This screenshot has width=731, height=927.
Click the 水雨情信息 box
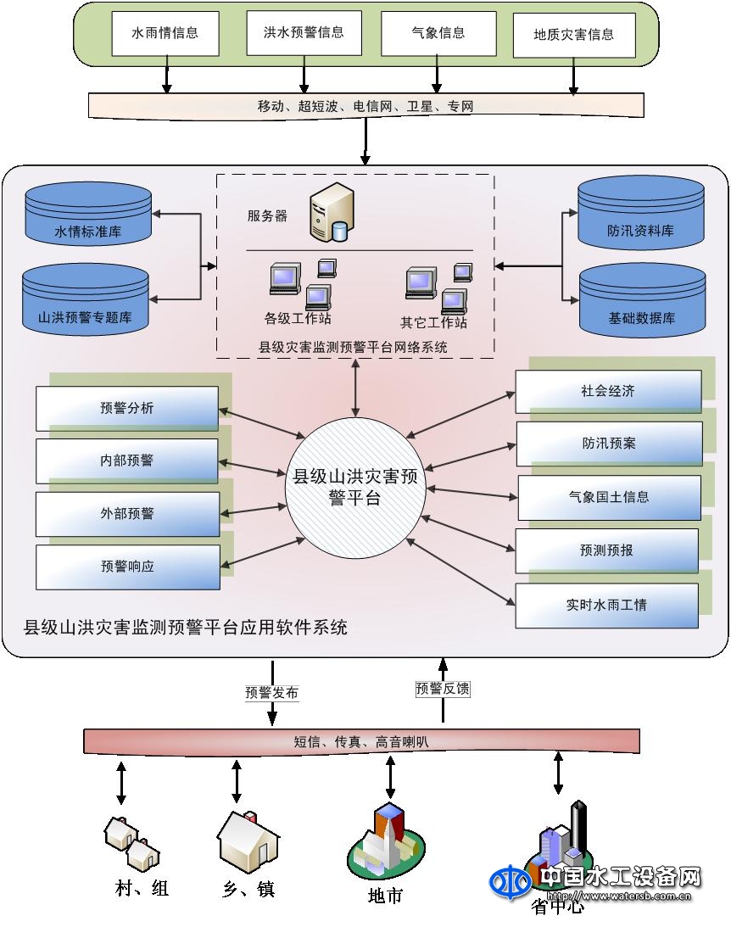click(165, 33)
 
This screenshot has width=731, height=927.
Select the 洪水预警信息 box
click(304, 32)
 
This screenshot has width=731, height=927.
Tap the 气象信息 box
click(438, 33)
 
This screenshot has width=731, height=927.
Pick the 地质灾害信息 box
click(573, 35)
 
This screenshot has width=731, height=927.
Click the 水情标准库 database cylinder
click(87, 215)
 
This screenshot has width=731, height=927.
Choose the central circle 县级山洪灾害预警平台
click(355, 487)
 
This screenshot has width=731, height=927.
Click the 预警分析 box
click(127, 408)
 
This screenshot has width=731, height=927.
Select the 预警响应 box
click(127, 567)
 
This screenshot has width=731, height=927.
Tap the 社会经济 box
click(608, 392)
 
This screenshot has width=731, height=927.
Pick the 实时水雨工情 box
click(606, 606)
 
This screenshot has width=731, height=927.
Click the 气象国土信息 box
click(609, 497)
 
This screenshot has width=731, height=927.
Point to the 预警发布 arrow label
click(271, 692)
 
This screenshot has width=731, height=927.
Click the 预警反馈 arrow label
click(442, 689)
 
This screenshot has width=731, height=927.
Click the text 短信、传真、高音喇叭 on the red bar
click(362, 741)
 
